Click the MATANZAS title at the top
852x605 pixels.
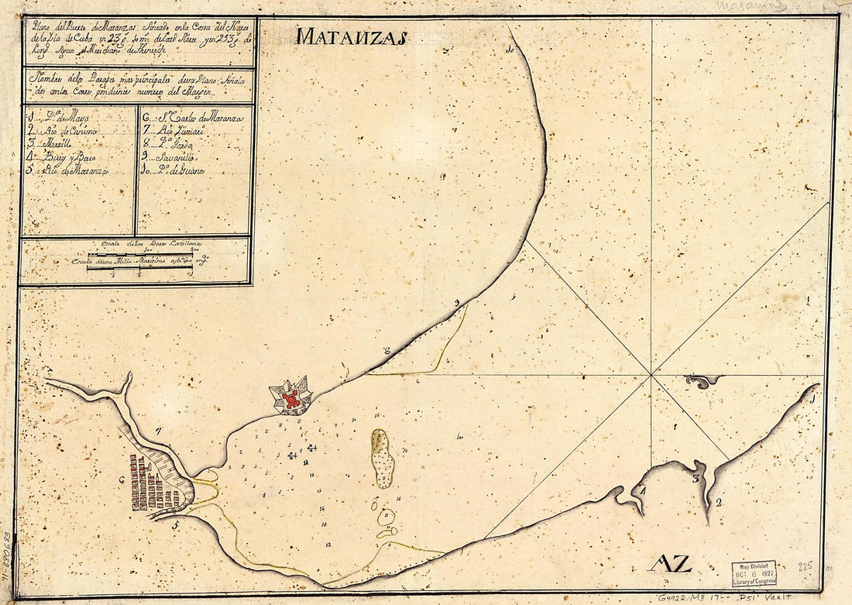[x=351, y=36]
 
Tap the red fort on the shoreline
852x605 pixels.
[x=291, y=398]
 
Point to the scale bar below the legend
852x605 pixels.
[x=139, y=259]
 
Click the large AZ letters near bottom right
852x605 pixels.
[x=671, y=563]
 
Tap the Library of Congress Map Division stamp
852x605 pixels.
[x=753, y=573]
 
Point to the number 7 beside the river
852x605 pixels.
[x=158, y=429]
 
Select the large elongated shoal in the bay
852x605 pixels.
[x=382, y=458]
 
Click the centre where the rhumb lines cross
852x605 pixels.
[x=651, y=376]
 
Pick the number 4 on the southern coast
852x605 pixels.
[x=642, y=489]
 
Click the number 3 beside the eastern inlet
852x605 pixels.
[x=696, y=479]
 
